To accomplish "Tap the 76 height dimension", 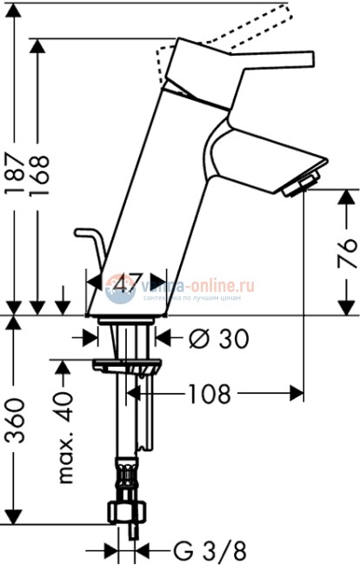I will click(346, 252).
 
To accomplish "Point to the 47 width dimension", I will click(128, 283).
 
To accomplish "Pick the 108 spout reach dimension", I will click(208, 395).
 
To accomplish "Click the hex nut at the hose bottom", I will click(126, 512).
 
